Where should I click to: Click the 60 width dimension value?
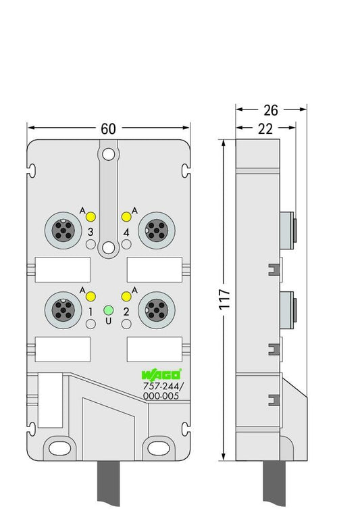click(x=108, y=128)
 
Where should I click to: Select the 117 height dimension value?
click(x=225, y=299)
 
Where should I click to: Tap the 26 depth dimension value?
click(x=271, y=110)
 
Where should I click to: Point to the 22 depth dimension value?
click(x=265, y=128)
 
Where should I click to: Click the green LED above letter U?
click(x=108, y=310)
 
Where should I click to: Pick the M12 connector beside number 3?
click(x=63, y=230)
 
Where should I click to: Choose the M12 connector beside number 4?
click(x=157, y=230)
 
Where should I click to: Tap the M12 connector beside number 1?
click(x=63, y=310)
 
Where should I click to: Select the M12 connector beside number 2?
click(x=157, y=310)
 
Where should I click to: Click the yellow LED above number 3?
click(x=91, y=216)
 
